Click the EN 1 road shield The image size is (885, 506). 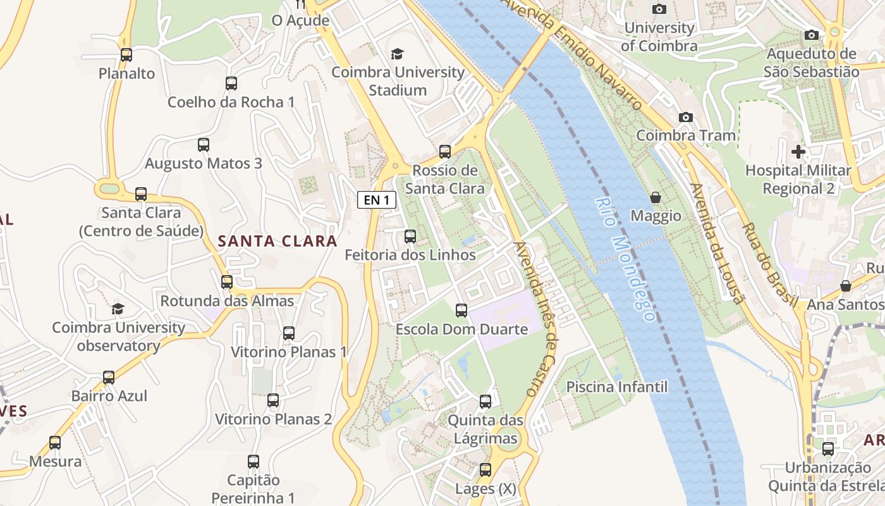tap(377, 201)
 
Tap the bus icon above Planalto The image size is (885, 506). tap(126, 55)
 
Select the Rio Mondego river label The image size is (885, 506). tap(624, 258)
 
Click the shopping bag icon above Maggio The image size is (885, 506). tap(656, 197)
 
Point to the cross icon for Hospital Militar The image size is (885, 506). tap(798, 152)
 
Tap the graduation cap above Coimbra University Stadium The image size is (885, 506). tap(397, 54)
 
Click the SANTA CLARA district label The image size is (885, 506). tap(278, 241)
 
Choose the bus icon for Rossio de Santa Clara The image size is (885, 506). tap(445, 152)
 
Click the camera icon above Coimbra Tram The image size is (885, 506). tap(685, 117)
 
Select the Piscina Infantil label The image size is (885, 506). tap(616, 386)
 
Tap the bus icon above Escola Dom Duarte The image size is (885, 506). tap(461, 311)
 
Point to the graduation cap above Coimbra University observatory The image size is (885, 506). tap(118, 309)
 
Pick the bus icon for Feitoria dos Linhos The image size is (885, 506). tap(410, 237)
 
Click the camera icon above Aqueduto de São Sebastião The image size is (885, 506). tap(812, 35)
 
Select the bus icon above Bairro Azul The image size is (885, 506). tap(109, 378)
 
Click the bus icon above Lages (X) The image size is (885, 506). tap(485, 470)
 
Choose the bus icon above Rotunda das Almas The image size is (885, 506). tap(227, 282)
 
